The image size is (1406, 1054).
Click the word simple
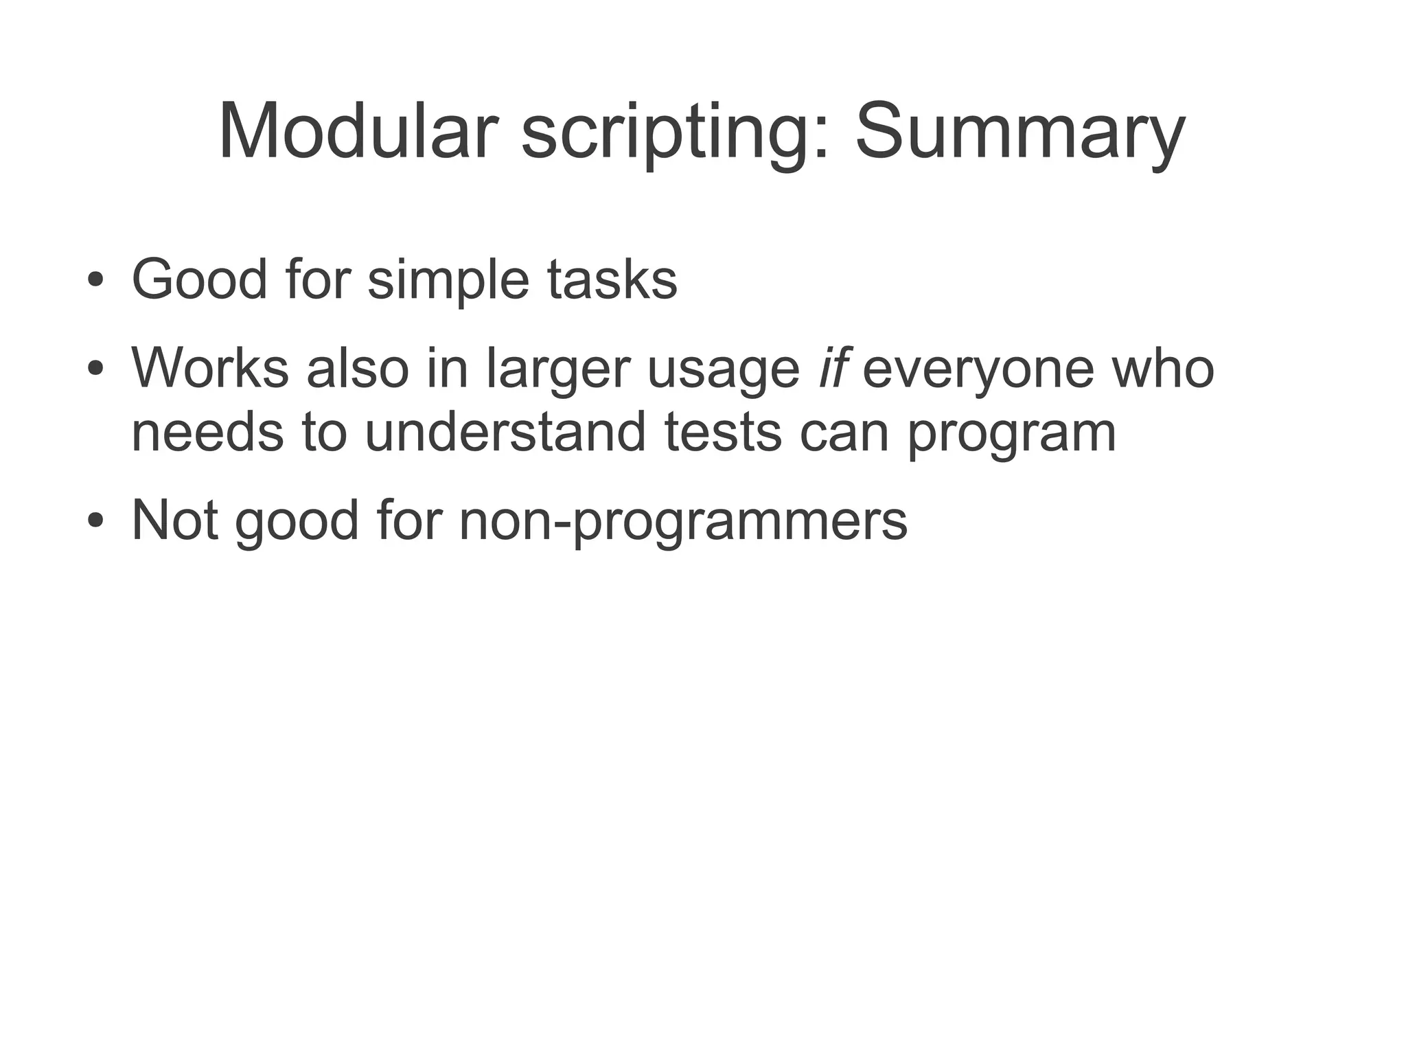pos(448,282)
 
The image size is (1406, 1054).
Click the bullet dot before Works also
pos(95,369)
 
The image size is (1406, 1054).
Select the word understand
pos(505,432)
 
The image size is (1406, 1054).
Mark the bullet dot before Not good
pos(95,521)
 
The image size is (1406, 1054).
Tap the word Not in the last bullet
pos(175,520)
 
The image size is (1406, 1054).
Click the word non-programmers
pos(683,523)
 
